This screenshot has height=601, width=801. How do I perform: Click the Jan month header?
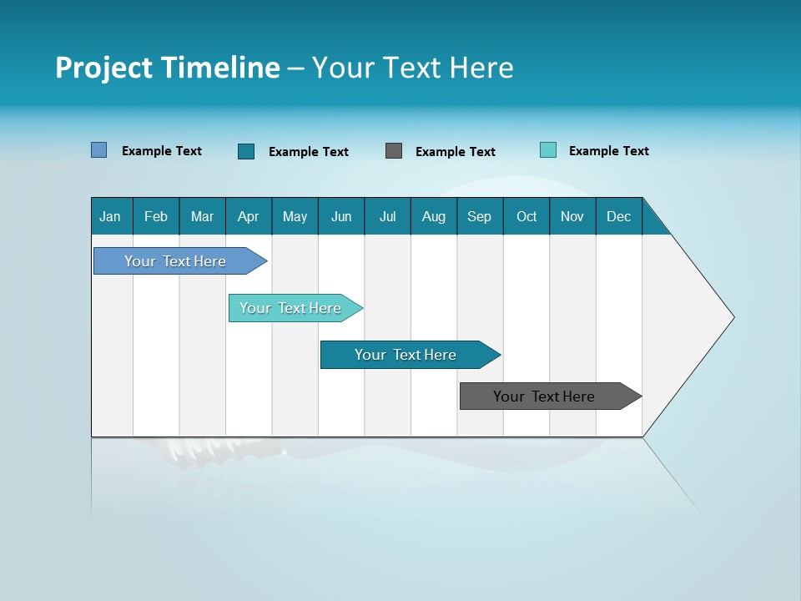(x=111, y=216)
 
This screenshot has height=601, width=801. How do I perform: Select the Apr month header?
(x=249, y=216)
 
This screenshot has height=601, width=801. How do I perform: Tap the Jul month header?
(x=387, y=216)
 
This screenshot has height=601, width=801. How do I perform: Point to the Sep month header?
(x=480, y=216)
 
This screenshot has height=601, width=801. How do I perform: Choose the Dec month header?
(x=618, y=216)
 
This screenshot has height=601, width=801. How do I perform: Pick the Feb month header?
(x=156, y=216)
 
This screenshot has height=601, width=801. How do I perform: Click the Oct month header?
(x=526, y=216)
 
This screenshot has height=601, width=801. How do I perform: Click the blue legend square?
(x=99, y=150)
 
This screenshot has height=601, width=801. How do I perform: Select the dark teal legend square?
(x=246, y=151)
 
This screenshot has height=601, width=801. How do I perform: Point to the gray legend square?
(x=394, y=151)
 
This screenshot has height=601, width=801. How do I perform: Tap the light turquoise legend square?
(x=548, y=150)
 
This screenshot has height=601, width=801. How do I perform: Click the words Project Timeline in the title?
(x=168, y=68)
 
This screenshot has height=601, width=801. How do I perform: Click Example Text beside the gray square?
(x=456, y=152)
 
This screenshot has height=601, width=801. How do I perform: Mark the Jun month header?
(x=341, y=216)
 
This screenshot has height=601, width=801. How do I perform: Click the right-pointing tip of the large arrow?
(x=731, y=317)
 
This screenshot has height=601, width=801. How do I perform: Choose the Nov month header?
(x=572, y=216)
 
